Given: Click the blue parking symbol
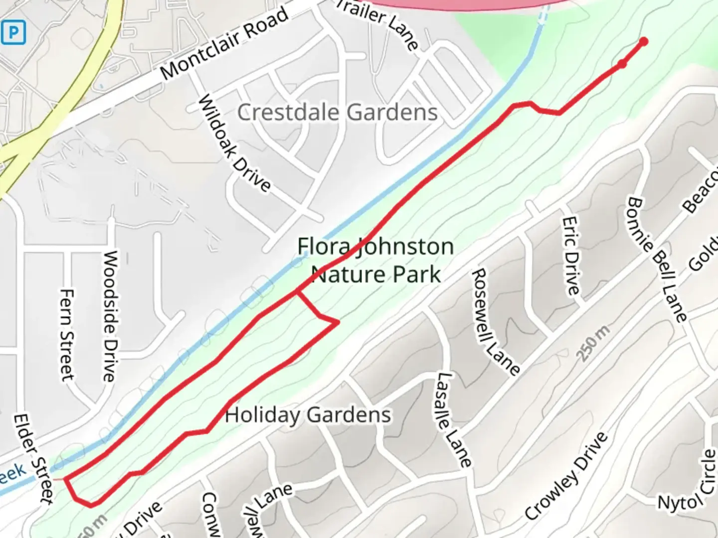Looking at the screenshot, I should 13,33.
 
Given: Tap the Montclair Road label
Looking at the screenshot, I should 225,44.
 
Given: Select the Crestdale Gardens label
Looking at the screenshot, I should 338,112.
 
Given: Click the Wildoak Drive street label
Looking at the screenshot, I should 235,144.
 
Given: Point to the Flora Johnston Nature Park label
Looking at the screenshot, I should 375,260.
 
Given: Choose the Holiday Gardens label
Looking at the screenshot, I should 308,415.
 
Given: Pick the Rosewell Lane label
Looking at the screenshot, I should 496,321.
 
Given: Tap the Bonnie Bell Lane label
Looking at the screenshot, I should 657,259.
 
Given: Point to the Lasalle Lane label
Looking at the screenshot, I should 453,419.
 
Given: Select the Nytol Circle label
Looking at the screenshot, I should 689,481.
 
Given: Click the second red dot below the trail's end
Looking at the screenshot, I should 622,64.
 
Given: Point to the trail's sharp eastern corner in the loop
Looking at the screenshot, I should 339,322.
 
